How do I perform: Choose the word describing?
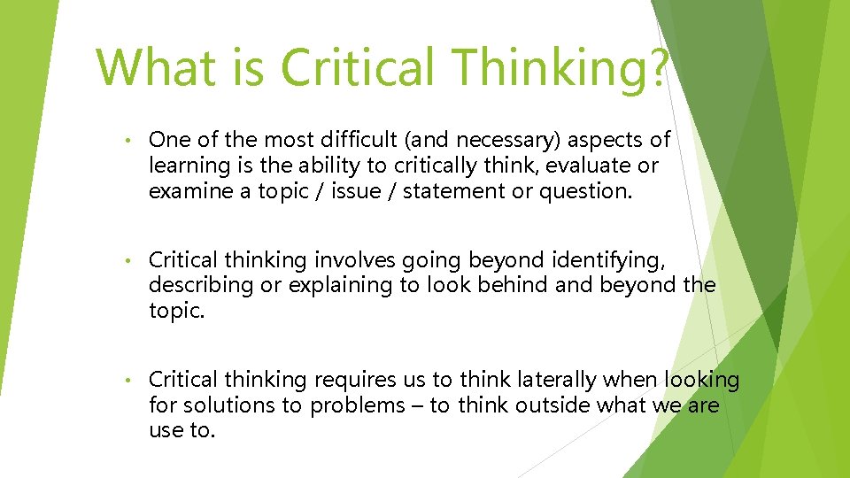[200, 285]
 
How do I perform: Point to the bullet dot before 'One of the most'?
[128, 141]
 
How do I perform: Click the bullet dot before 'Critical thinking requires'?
[128, 382]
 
